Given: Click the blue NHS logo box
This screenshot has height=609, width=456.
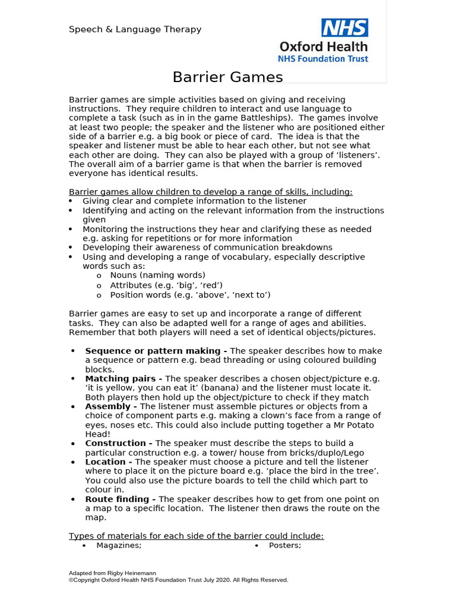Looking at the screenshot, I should (x=344, y=28).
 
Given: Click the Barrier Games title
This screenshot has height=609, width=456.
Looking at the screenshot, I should (x=227, y=77).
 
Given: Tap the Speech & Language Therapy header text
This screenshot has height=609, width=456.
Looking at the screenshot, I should (x=135, y=29).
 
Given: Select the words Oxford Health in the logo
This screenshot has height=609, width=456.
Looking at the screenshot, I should (x=323, y=46).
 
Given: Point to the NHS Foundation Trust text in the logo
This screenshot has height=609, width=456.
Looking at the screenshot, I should (x=323, y=59).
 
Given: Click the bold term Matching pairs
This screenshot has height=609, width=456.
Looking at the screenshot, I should (x=123, y=379).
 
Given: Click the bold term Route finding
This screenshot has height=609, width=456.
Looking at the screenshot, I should (x=121, y=500).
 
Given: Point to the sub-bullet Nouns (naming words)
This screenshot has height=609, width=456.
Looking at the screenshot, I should (x=157, y=275).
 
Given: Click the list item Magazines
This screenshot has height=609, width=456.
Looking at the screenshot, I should (x=119, y=545).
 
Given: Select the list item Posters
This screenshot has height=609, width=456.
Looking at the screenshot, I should (x=285, y=545).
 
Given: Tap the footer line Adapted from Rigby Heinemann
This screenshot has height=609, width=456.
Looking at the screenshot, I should (x=112, y=573).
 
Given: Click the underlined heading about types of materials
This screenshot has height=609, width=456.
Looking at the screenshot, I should (x=196, y=536).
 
